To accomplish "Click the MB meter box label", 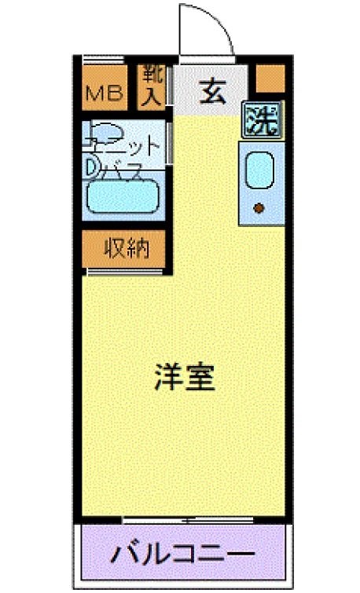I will pos(105,96).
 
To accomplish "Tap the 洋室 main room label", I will pos(183,379).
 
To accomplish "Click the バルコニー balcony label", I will pos(182,555).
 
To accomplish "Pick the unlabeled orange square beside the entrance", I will pos(270,78).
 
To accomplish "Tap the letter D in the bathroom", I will pos(91,167).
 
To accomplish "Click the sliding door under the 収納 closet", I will pos(126,272).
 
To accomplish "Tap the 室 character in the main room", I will pos(200,379).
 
